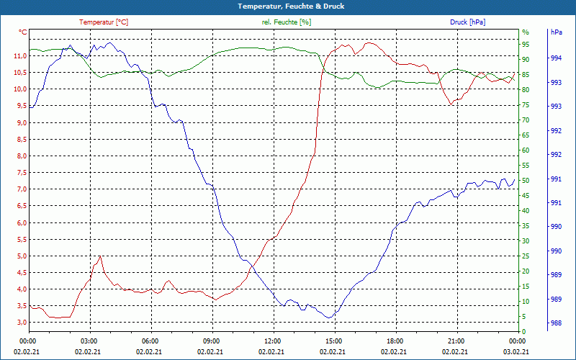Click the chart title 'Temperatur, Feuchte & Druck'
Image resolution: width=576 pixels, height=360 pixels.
click(288, 6)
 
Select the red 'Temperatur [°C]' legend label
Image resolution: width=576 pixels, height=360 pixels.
click(104, 22)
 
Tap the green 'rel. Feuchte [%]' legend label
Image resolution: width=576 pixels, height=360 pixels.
click(287, 22)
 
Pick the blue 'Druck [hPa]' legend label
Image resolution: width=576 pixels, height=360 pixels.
click(467, 22)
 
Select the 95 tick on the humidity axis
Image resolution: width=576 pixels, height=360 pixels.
click(526, 45)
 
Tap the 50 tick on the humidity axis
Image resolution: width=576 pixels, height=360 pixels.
click(526, 181)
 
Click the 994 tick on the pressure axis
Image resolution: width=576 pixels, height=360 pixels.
click(557, 58)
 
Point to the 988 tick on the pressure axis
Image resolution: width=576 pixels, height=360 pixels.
click(557, 323)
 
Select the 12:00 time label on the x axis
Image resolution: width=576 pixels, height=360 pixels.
click(272, 341)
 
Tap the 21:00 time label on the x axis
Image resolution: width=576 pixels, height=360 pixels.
click(455, 341)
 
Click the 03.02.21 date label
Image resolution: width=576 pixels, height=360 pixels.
click(516, 351)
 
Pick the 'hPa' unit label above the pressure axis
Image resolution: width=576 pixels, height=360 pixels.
click(557, 32)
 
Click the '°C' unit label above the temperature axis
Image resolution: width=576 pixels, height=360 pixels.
click(23, 32)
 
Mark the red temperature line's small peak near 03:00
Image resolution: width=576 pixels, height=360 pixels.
click(100, 256)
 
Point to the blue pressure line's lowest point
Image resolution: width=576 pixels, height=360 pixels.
click(330, 318)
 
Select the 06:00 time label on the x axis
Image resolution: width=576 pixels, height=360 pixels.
click(150, 341)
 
